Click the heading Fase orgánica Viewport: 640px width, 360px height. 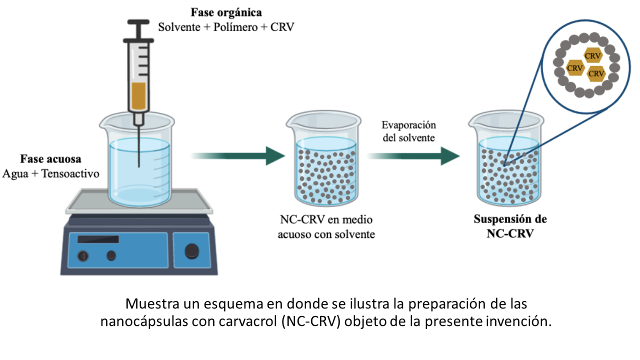coord(226,13)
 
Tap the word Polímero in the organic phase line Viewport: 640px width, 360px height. coord(235,27)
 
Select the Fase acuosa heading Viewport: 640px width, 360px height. coord(50,159)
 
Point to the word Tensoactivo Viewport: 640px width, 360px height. coord(70,173)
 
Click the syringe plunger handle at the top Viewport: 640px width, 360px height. coord(138,22)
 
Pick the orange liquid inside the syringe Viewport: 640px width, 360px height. coord(139,96)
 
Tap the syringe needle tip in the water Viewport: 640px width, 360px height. coord(139,166)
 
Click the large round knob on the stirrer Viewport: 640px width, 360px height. coord(191,251)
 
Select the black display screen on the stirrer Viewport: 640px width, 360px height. coord(98,239)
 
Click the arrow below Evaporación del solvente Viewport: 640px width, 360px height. coord(413,156)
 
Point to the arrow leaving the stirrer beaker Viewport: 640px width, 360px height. coord(238,156)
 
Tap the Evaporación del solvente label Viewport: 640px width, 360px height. coord(409,131)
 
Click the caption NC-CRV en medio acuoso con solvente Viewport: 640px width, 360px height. coord(326,227)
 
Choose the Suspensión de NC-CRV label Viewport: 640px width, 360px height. coord(510,226)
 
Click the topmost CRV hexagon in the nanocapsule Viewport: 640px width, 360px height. coord(593,55)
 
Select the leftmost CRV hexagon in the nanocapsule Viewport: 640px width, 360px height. coord(575,68)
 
